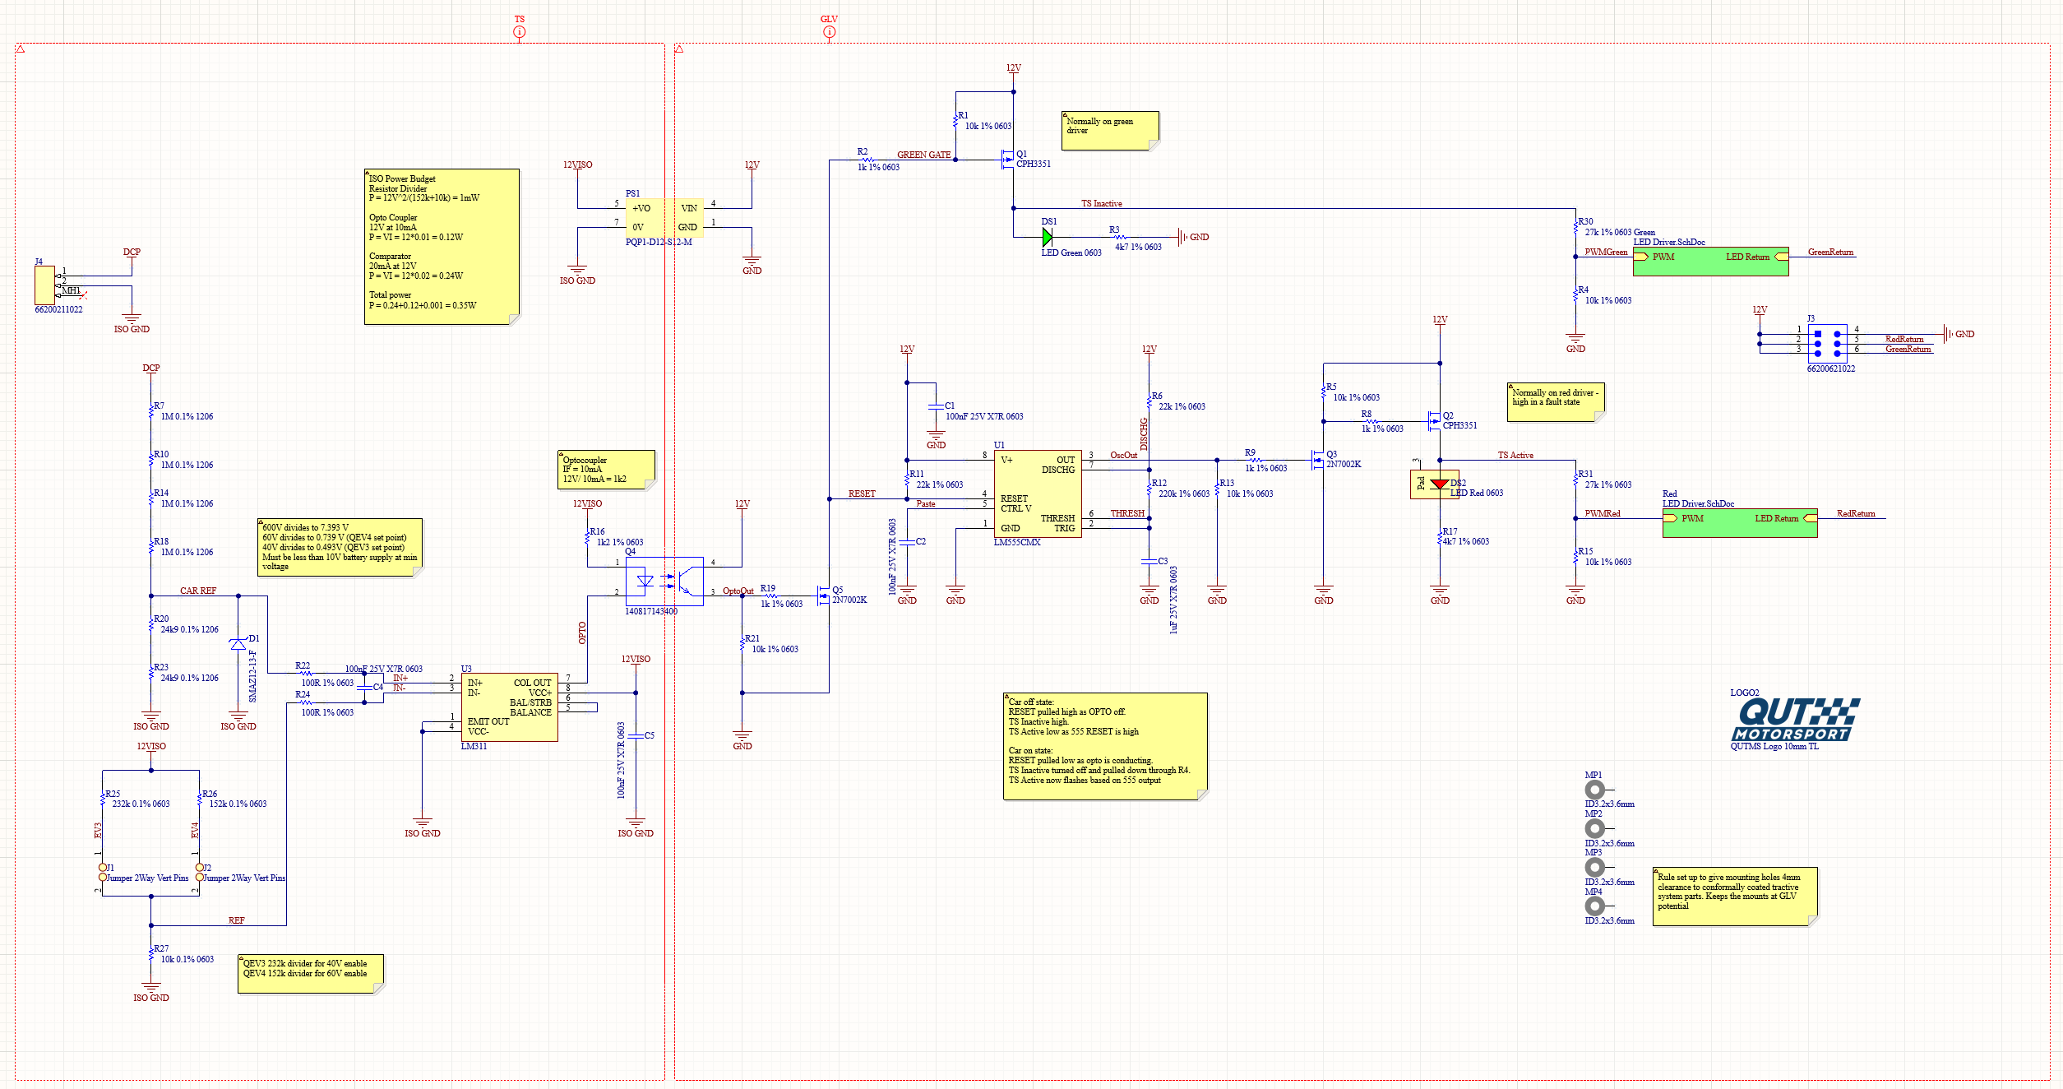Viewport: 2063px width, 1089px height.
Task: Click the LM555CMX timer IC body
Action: click(1037, 494)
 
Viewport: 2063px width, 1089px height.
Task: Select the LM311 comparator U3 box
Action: click(509, 707)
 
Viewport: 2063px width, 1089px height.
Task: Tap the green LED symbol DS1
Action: click(1048, 238)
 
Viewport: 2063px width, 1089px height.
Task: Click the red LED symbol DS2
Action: click(1439, 484)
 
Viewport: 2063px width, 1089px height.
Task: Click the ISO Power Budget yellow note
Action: click(442, 246)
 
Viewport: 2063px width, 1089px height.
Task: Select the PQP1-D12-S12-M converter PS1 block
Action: click(664, 218)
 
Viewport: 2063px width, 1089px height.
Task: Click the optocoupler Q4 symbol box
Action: click(664, 582)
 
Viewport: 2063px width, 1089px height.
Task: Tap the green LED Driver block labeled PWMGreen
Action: click(1710, 261)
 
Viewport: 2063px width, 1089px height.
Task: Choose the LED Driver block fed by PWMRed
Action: click(1739, 523)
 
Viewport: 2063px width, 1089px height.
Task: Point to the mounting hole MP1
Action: click(1594, 790)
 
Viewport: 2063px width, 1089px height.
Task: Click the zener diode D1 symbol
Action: click(238, 644)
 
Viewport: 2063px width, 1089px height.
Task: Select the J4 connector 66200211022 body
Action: click(44, 285)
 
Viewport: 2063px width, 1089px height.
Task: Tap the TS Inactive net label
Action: click(1101, 203)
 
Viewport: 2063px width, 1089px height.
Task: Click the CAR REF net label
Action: click(197, 591)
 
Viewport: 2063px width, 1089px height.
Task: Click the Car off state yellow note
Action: click(1105, 745)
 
